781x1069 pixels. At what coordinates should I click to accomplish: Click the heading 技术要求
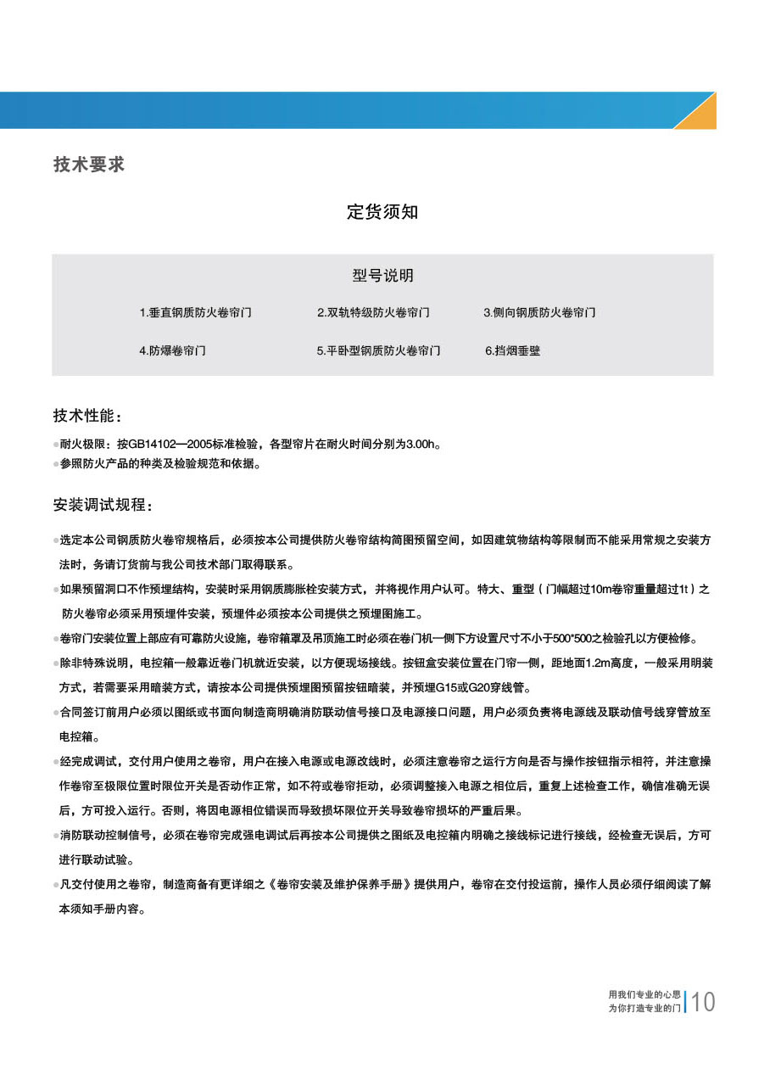[89, 165]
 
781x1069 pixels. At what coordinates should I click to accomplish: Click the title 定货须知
[382, 212]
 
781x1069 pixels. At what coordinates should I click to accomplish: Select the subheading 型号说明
[382, 276]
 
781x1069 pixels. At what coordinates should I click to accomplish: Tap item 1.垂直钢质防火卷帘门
[196, 313]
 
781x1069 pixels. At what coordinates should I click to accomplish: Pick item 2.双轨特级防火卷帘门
[373, 313]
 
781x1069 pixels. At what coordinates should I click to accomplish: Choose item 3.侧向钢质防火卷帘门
[539, 313]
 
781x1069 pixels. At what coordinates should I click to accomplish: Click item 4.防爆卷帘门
[172, 350]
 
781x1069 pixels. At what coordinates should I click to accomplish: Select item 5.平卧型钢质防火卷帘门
[378, 350]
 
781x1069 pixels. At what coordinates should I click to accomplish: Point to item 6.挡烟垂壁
[512, 350]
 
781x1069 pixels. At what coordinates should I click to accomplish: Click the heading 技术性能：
[88, 417]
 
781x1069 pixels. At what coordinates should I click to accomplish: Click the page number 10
[704, 1003]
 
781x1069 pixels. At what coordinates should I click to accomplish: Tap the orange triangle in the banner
[700, 115]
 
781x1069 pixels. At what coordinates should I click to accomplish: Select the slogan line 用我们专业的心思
[644, 993]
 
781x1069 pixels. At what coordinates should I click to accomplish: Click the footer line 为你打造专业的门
[644, 1008]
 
